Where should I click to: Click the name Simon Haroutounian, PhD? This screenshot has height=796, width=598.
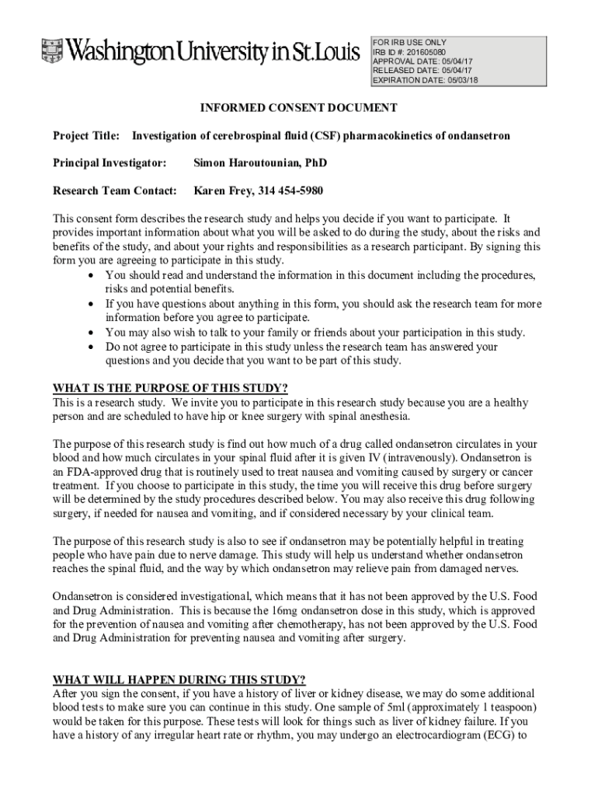[260, 163]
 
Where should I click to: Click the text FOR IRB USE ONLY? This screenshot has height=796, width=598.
[409, 42]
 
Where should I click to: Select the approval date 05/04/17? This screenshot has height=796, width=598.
[454, 61]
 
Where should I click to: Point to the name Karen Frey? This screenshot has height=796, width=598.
[221, 190]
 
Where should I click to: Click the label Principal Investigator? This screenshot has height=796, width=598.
[110, 163]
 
